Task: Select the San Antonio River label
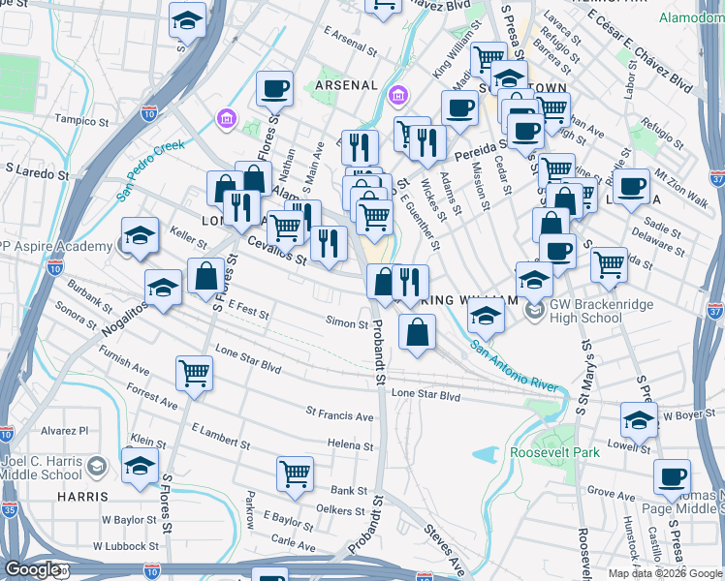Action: coord(514,366)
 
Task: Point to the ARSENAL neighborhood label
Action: coord(346,85)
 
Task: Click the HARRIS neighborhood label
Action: coord(82,497)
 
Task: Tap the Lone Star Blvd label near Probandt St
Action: coord(426,395)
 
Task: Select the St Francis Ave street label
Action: coord(339,417)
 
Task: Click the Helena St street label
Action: coord(350,443)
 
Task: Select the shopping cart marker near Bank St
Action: coord(295,473)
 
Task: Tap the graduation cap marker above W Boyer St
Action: coord(639,418)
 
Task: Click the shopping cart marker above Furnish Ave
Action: coord(195,373)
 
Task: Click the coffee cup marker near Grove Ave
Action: coord(672,475)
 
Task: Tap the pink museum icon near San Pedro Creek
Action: coord(226,118)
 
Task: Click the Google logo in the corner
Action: coord(31,569)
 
